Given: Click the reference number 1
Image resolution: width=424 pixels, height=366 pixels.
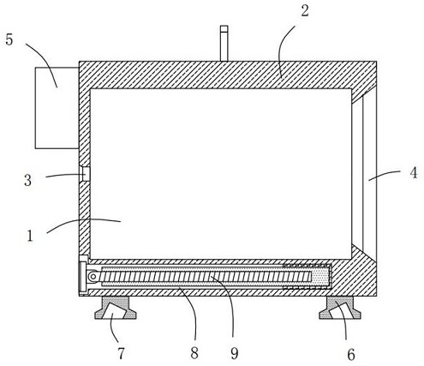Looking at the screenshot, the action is click(x=30, y=237).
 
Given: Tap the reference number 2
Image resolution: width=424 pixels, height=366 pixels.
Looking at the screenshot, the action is click(x=305, y=11).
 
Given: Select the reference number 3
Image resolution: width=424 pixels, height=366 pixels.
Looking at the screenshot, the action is click(x=27, y=181).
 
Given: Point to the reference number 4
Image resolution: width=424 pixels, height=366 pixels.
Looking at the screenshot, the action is click(x=414, y=173).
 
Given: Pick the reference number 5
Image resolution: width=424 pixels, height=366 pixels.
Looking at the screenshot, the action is click(x=9, y=39).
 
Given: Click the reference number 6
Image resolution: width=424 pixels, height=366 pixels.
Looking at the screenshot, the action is click(x=351, y=355).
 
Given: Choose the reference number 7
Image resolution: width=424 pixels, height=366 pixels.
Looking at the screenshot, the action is click(x=121, y=353).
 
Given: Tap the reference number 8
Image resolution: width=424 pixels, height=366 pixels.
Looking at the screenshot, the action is click(x=194, y=353).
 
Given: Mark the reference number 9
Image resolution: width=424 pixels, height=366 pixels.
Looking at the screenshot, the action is click(x=234, y=353).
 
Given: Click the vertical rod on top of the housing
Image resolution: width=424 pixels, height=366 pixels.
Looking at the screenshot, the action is click(x=224, y=44).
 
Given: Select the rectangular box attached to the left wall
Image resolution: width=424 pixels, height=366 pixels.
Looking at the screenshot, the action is click(x=57, y=108).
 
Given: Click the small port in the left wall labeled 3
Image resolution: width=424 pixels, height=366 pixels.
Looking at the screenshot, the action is click(x=85, y=174).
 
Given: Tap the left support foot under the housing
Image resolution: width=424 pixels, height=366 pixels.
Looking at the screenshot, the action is click(x=116, y=308).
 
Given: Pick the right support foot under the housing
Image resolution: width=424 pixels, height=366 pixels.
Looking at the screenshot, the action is click(x=340, y=308).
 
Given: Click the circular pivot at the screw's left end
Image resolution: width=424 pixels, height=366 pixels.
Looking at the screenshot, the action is click(x=93, y=276).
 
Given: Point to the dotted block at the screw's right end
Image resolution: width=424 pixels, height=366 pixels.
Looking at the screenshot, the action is click(x=320, y=277).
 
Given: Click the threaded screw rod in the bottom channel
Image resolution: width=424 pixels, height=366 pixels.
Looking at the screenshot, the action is click(x=206, y=277).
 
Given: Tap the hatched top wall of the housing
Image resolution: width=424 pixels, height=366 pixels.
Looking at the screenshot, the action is click(x=228, y=75).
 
